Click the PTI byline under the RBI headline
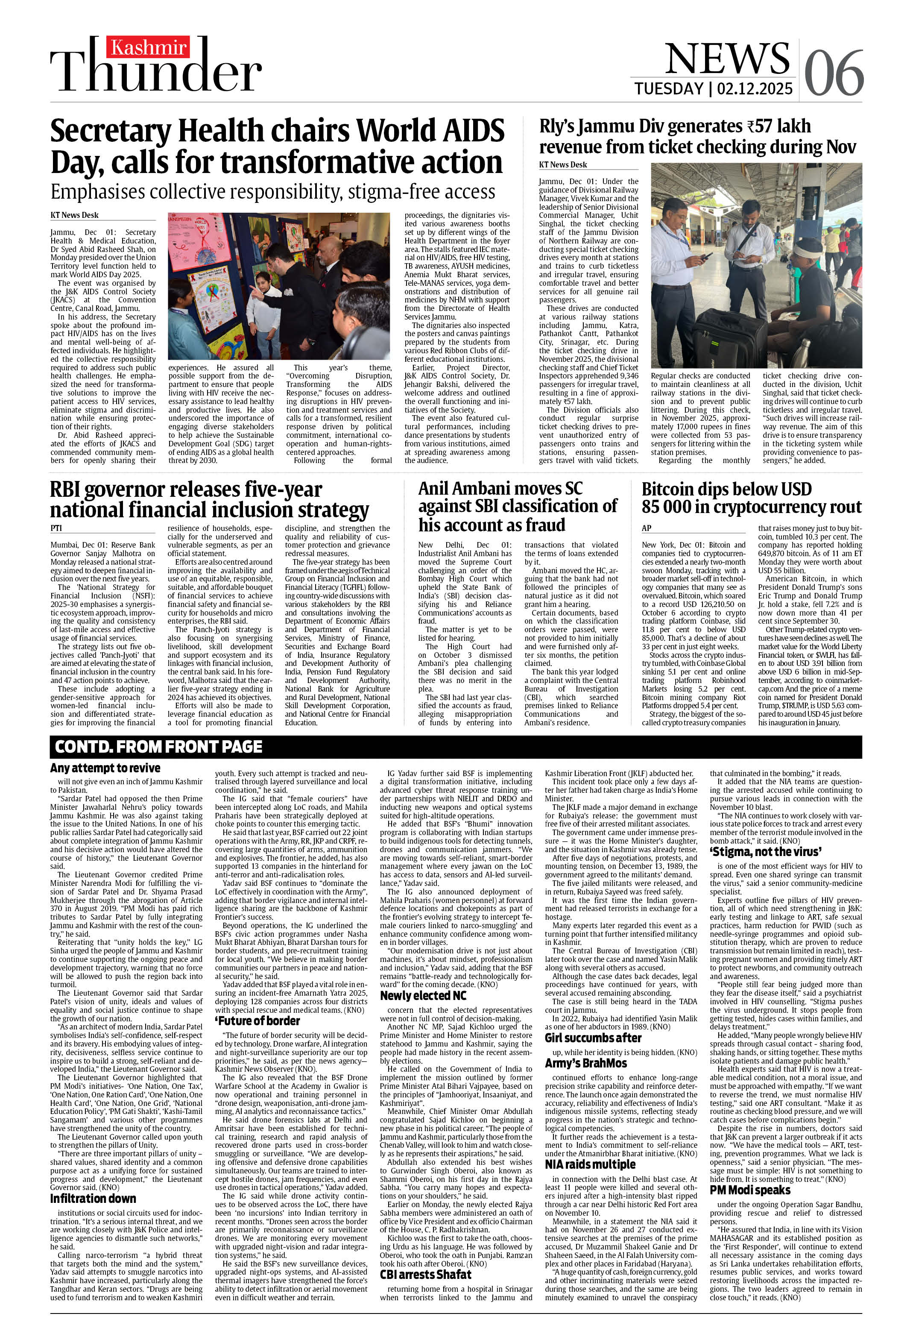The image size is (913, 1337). click(x=56, y=528)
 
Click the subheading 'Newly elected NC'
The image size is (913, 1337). click(x=423, y=995)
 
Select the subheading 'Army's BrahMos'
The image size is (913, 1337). click(x=585, y=1063)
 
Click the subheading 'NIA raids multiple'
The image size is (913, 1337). click(x=590, y=1148)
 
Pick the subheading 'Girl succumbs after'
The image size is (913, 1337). click(x=593, y=1038)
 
